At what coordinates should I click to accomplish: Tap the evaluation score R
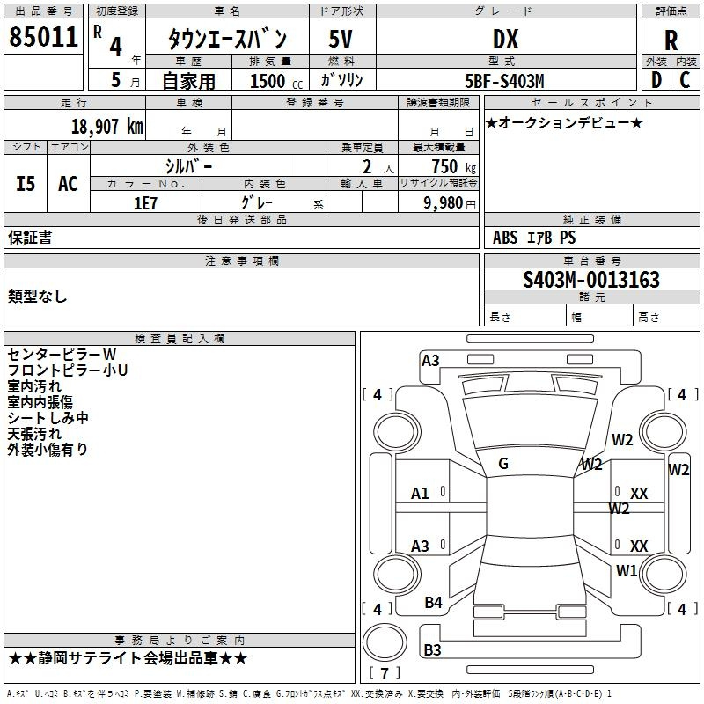(x=671, y=40)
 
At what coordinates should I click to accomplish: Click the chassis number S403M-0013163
(x=590, y=281)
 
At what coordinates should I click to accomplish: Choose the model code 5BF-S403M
(x=504, y=81)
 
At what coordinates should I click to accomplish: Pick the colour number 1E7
(x=145, y=202)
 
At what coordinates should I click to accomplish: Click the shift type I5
(x=26, y=183)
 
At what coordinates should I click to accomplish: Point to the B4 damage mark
(x=433, y=602)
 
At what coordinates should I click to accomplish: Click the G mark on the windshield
(x=503, y=464)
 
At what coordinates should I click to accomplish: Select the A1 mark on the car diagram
(x=420, y=494)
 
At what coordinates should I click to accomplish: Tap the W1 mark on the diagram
(x=627, y=570)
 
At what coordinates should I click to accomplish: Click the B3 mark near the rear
(x=432, y=650)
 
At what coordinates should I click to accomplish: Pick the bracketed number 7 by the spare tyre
(x=384, y=675)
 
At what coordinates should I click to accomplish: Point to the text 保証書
(x=30, y=237)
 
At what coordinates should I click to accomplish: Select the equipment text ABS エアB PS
(x=533, y=238)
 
